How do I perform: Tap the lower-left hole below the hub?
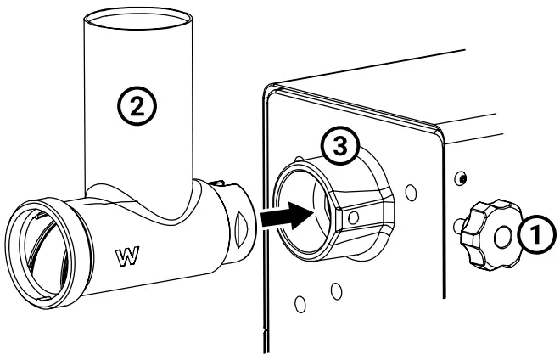[301, 302]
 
